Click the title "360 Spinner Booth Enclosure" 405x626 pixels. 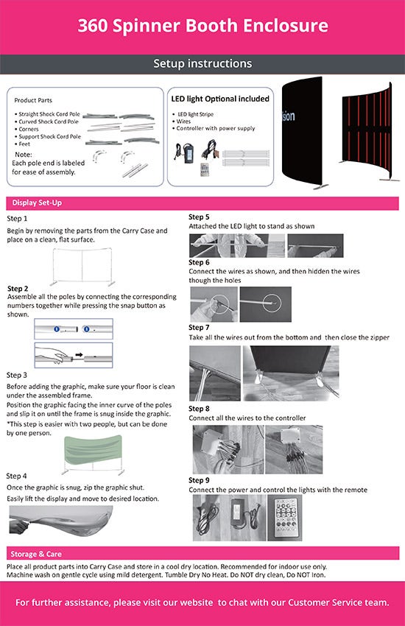pos(202,26)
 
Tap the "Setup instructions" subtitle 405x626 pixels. pos(202,63)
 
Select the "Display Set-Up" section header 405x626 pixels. pos(37,203)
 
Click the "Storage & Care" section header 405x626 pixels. pos(36,554)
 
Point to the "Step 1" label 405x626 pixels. pos(17,219)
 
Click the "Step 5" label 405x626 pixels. pos(199,217)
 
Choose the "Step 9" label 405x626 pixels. pos(199,480)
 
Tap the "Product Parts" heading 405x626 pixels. pos(33,100)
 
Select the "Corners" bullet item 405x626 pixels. pos(28,130)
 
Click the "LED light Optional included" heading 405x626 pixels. pos(220,99)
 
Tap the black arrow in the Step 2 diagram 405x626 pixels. pos(79,354)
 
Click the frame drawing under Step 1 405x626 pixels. pos(82,267)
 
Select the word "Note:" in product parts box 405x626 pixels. pos(24,155)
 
